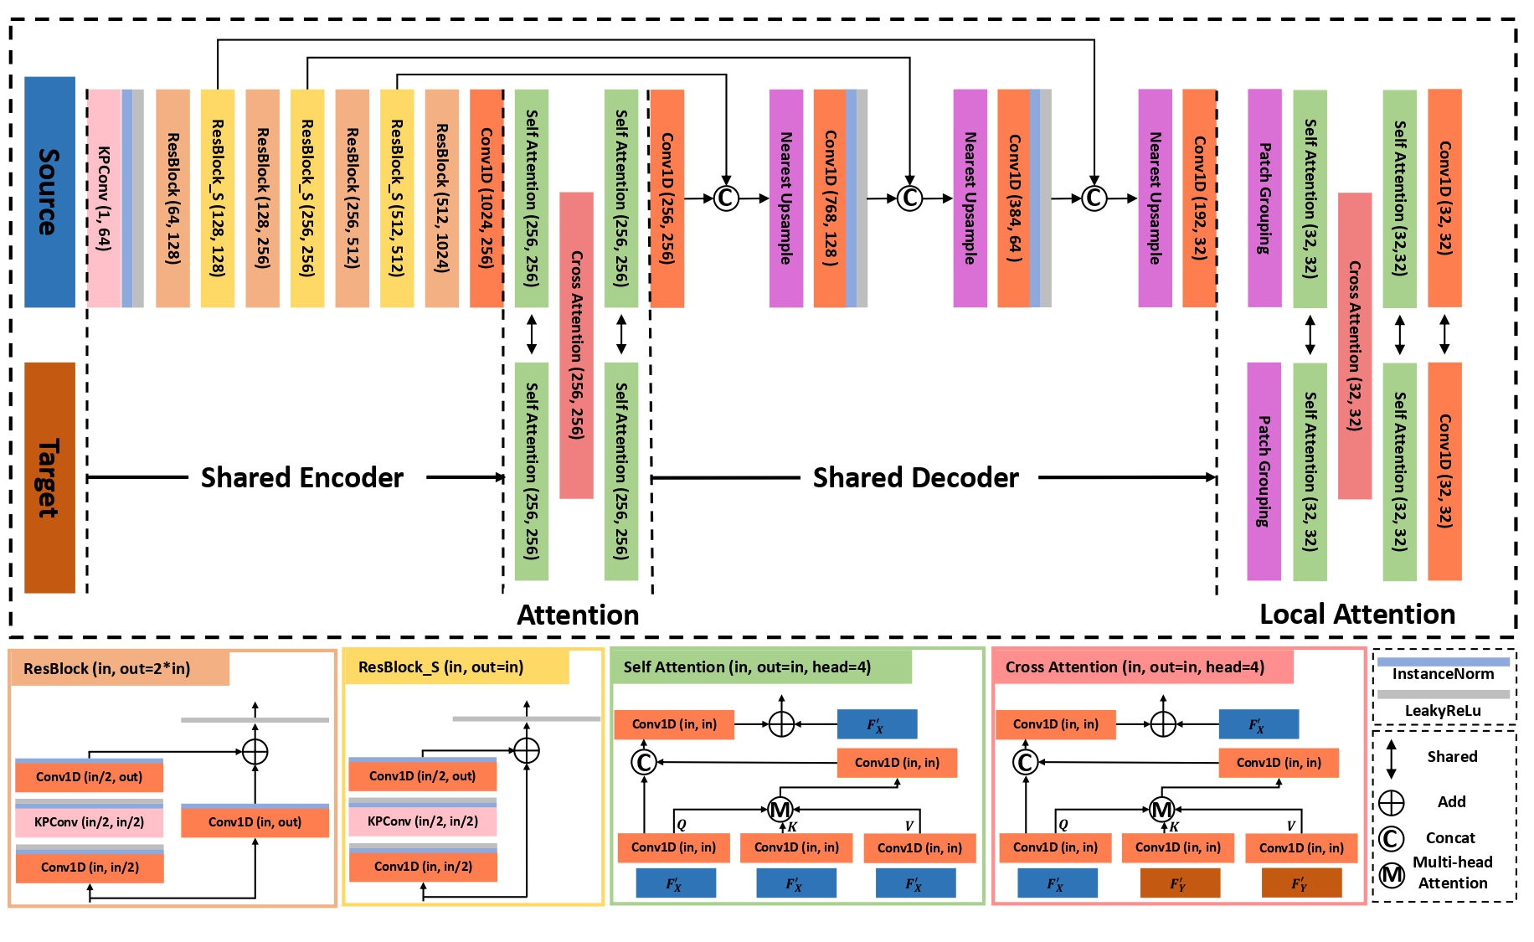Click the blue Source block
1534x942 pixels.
(49, 192)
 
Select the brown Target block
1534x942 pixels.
(49, 477)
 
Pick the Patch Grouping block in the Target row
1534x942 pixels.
(1264, 471)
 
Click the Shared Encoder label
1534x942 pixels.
(302, 477)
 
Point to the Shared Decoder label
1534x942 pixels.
(916, 477)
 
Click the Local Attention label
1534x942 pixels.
(1357, 615)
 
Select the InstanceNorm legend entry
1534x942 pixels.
(1443, 674)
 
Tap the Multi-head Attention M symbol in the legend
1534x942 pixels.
(1392, 875)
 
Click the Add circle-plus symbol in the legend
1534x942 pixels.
(1392, 803)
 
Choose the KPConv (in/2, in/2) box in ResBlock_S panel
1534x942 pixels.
(423, 821)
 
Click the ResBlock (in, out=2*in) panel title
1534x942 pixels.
(107, 669)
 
